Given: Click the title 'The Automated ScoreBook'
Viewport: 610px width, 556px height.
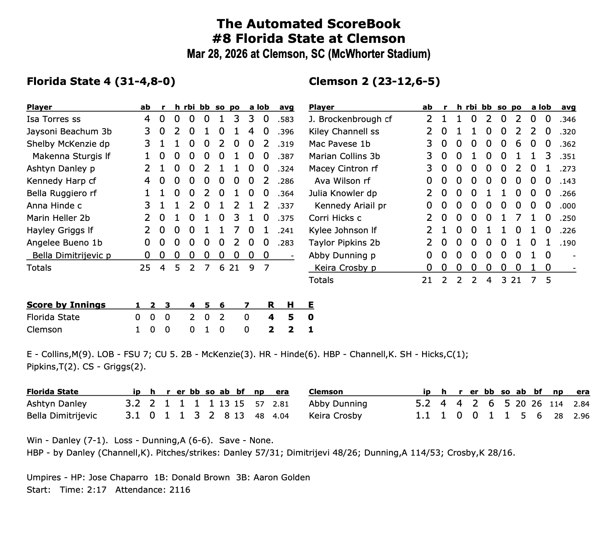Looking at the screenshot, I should (x=308, y=24).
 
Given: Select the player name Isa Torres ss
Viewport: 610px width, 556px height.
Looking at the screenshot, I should (x=53, y=119).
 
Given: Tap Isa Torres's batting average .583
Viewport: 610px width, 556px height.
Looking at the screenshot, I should (x=286, y=120).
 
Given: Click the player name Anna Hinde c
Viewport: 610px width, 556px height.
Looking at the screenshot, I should (x=54, y=206).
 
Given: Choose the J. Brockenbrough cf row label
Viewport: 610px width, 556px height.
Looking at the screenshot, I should (x=350, y=119).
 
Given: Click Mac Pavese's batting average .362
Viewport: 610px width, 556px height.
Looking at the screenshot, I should (x=567, y=144).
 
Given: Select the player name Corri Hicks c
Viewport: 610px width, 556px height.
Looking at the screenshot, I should (x=335, y=218).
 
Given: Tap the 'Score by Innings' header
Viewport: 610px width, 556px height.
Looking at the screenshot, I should (x=66, y=305).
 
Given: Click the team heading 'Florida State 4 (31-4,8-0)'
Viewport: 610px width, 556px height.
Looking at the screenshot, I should (x=101, y=81).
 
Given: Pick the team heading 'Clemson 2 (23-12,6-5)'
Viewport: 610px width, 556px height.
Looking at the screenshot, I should (x=374, y=81).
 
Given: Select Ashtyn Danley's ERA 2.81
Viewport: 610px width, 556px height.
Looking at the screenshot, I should (x=281, y=404).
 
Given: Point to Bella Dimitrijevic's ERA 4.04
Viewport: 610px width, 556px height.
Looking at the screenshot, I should (x=281, y=416).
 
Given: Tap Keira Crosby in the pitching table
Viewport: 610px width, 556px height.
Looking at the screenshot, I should (x=335, y=416).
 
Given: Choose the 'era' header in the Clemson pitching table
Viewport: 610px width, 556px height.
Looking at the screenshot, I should (x=583, y=392).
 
